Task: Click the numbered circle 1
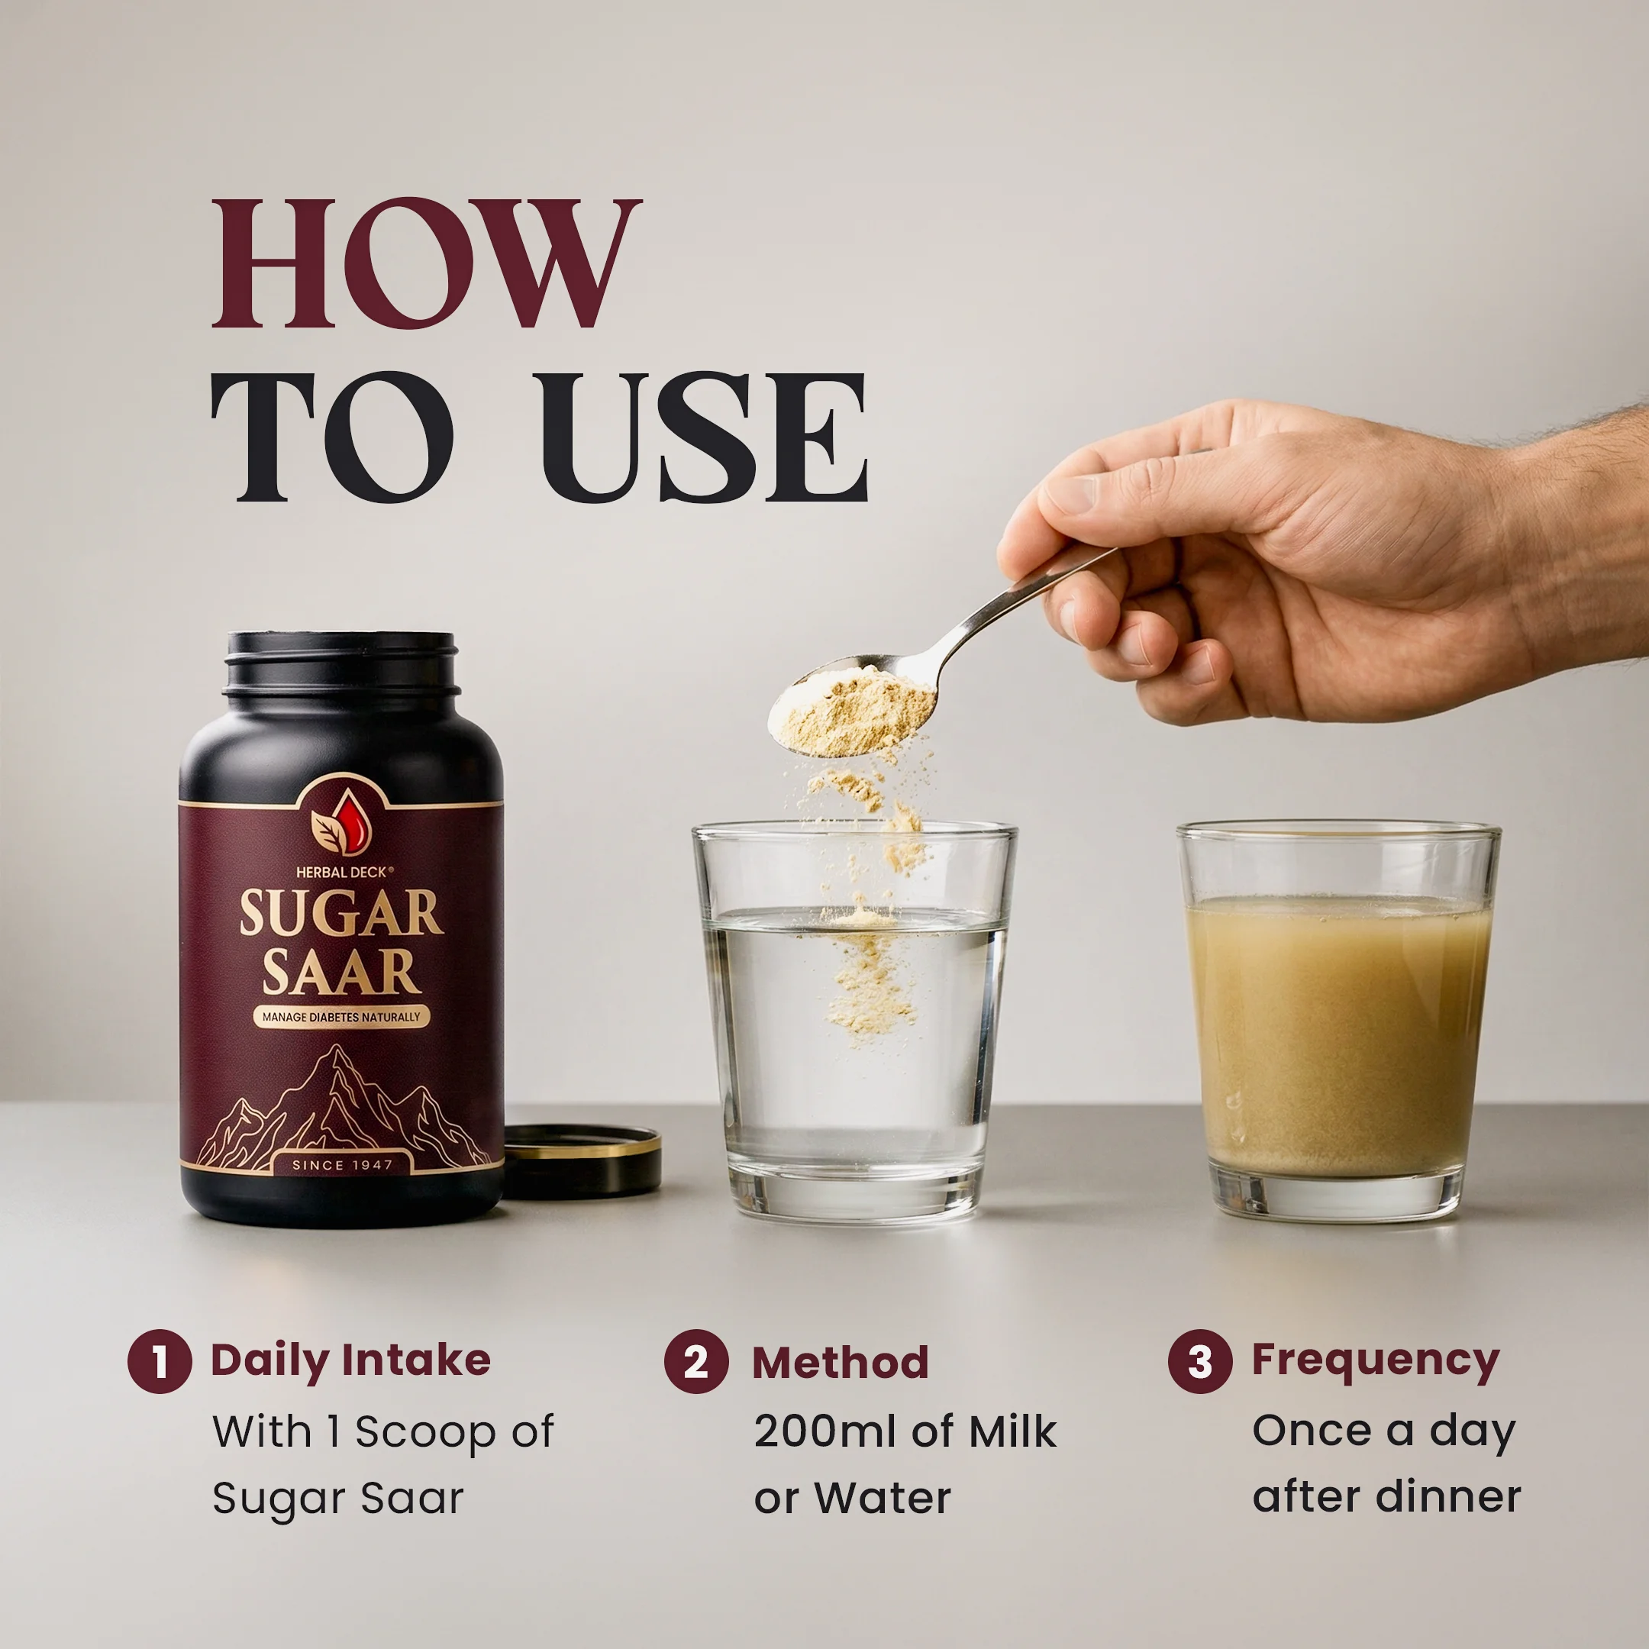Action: [x=160, y=1360]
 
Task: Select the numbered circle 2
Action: [x=695, y=1360]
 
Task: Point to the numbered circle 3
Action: [x=1200, y=1360]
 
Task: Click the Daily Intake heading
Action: [x=351, y=1360]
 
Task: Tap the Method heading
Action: [x=840, y=1362]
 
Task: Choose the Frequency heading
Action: [x=1375, y=1360]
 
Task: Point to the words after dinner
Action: [x=1386, y=1496]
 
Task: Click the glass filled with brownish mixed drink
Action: [x=1338, y=1021]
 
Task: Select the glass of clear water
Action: [x=854, y=1021]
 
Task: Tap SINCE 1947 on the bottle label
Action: [x=342, y=1164]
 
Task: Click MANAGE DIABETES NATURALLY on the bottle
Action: [x=341, y=1017]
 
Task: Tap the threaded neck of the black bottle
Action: [x=341, y=666]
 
